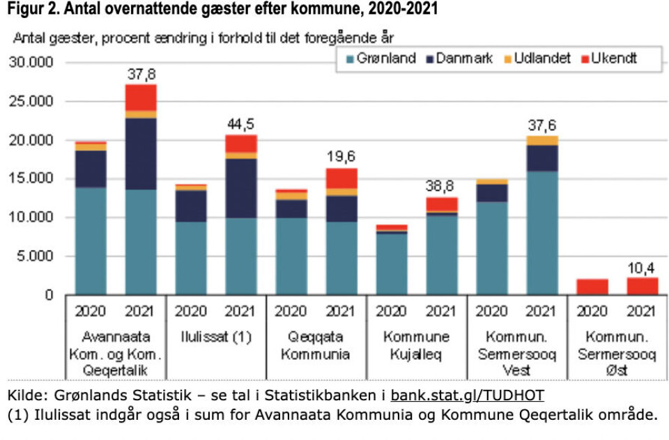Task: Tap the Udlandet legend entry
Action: click(x=541, y=58)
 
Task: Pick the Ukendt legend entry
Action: click(x=613, y=58)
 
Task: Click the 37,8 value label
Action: click(x=141, y=73)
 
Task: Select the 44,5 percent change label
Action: click(x=242, y=124)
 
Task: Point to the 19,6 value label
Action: click(x=341, y=157)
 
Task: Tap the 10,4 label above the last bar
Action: click(x=643, y=267)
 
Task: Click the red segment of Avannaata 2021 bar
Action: click(x=141, y=97)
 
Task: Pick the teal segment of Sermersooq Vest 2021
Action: click(x=542, y=233)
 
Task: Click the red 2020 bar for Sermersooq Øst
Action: click(x=592, y=287)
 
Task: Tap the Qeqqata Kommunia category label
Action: click(x=316, y=345)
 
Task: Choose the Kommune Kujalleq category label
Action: click(x=417, y=345)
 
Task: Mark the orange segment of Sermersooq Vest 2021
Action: click(x=542, y=141)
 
